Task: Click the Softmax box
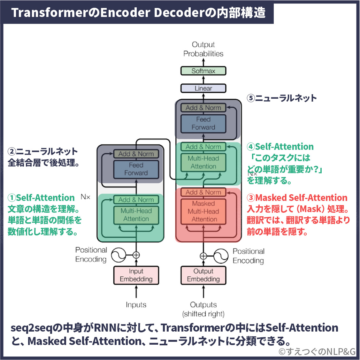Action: click(203, 71)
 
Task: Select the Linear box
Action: click(203, 88)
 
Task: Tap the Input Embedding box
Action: click(136, 275)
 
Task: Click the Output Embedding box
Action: click(203, 275)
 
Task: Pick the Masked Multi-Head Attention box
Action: click(203, 211)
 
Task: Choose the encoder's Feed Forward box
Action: click(136, 169)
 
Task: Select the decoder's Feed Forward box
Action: click(203, 123)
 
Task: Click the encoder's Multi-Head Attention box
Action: click(136, 215)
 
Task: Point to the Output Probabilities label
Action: click(203, 49)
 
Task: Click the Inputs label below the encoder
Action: click(136, 305)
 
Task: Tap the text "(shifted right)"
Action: click(203, 314)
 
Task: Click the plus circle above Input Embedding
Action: click(136, 255)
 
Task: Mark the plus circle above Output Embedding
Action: click(203, 256)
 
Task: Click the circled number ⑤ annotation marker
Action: click(251, 98)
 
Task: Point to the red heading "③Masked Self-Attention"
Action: click(297, 198)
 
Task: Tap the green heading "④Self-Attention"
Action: click(280, 147)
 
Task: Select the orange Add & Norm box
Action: click(203, 192)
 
